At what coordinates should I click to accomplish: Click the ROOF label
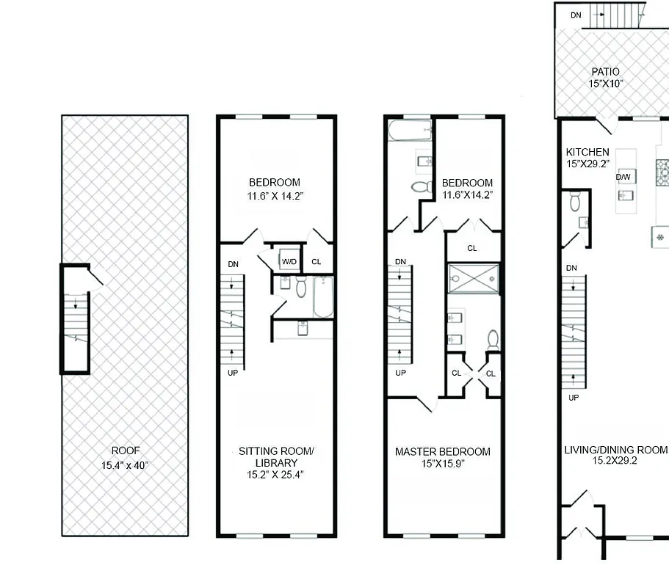[x=125, y=451]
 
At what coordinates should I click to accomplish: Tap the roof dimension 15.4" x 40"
[x=125, y=464]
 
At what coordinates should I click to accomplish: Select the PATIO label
[x=605, y=72]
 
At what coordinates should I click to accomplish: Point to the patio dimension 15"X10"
[x=605, y=84]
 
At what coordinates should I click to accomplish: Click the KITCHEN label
[x=587, y=152]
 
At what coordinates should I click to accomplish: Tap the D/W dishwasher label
[x=623, y=177]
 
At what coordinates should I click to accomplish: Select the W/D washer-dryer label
[x=289, y=261]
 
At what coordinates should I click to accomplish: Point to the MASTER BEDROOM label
[x=443, y=451]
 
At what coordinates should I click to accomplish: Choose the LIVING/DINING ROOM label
[x=615, y=450]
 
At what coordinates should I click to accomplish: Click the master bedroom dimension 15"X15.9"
[x=443, y=463]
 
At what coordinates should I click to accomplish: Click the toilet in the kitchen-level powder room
[x=574, y=200]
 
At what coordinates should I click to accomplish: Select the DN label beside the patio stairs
[x=576, y=14]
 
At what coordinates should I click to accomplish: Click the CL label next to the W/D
[x=316, y=261]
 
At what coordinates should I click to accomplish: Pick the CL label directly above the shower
[x=472, y=248]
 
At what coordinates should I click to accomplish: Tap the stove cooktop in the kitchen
[x=662, y=173]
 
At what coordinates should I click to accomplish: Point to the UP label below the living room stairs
[x=574, y=397]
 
